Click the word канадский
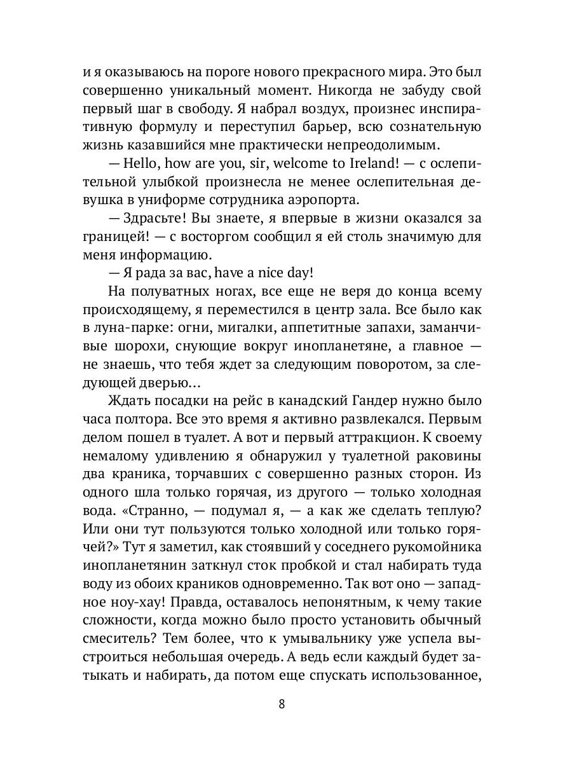pyautogui.click(x=315, y=402)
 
